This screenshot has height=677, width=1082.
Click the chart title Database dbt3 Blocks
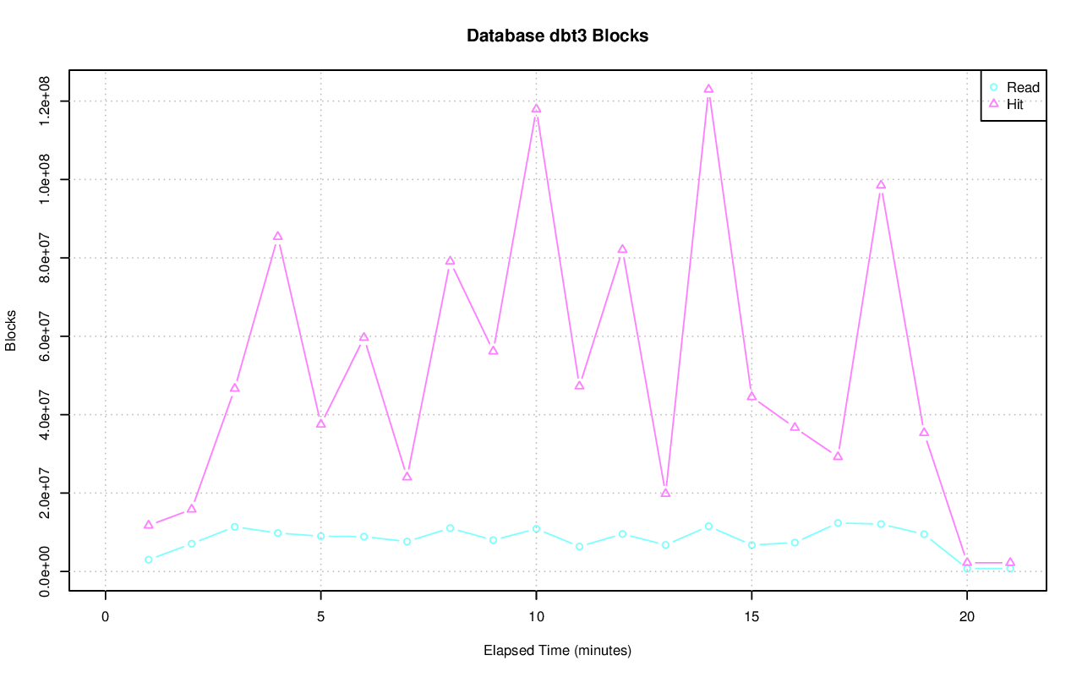[557, 36]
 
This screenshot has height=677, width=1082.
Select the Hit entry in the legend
[1014, 105]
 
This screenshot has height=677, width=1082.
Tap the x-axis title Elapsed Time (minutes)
[557, 651]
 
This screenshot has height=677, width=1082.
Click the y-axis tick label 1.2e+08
[46, 101]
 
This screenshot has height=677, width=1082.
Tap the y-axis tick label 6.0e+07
[46, 336]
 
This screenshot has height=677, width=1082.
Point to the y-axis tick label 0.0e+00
[46, 571]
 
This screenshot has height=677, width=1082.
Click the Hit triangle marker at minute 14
[708, 89]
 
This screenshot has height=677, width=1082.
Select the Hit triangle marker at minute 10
[536, 108]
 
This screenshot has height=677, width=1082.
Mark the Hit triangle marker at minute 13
[665, 492]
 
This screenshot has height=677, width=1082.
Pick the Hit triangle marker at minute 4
[277, 236]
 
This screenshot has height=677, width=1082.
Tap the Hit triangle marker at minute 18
[881, 184]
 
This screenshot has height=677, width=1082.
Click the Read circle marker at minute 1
[149, 560]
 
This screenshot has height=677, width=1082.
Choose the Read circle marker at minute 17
[838, 523]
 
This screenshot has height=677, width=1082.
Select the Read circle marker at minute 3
[235, 527]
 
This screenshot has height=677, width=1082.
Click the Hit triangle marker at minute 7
[407, 476]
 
